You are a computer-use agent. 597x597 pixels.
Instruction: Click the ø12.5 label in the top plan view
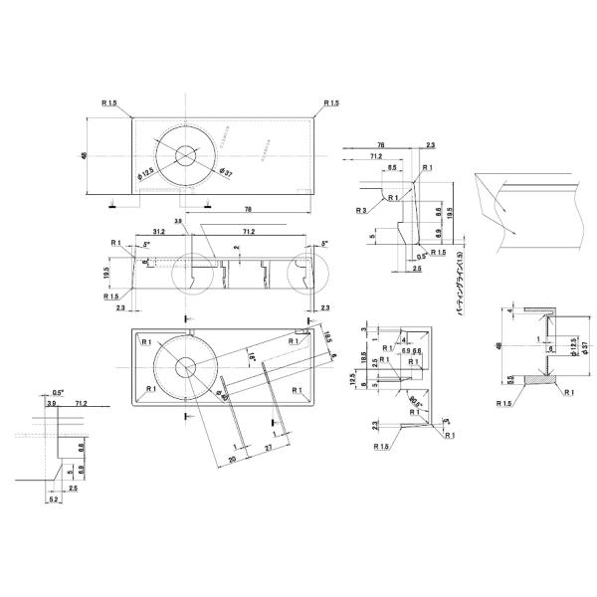146,174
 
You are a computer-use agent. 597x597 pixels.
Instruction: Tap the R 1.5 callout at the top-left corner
109,102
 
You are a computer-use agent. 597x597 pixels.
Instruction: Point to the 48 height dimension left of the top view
87,155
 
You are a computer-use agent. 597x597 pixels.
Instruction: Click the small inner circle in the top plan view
185,154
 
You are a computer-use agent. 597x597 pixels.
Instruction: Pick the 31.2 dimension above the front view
159,231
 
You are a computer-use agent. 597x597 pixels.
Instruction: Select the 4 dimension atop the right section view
511,311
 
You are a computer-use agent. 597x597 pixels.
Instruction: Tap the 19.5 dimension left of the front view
105,270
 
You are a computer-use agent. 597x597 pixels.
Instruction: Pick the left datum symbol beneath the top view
113,205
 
